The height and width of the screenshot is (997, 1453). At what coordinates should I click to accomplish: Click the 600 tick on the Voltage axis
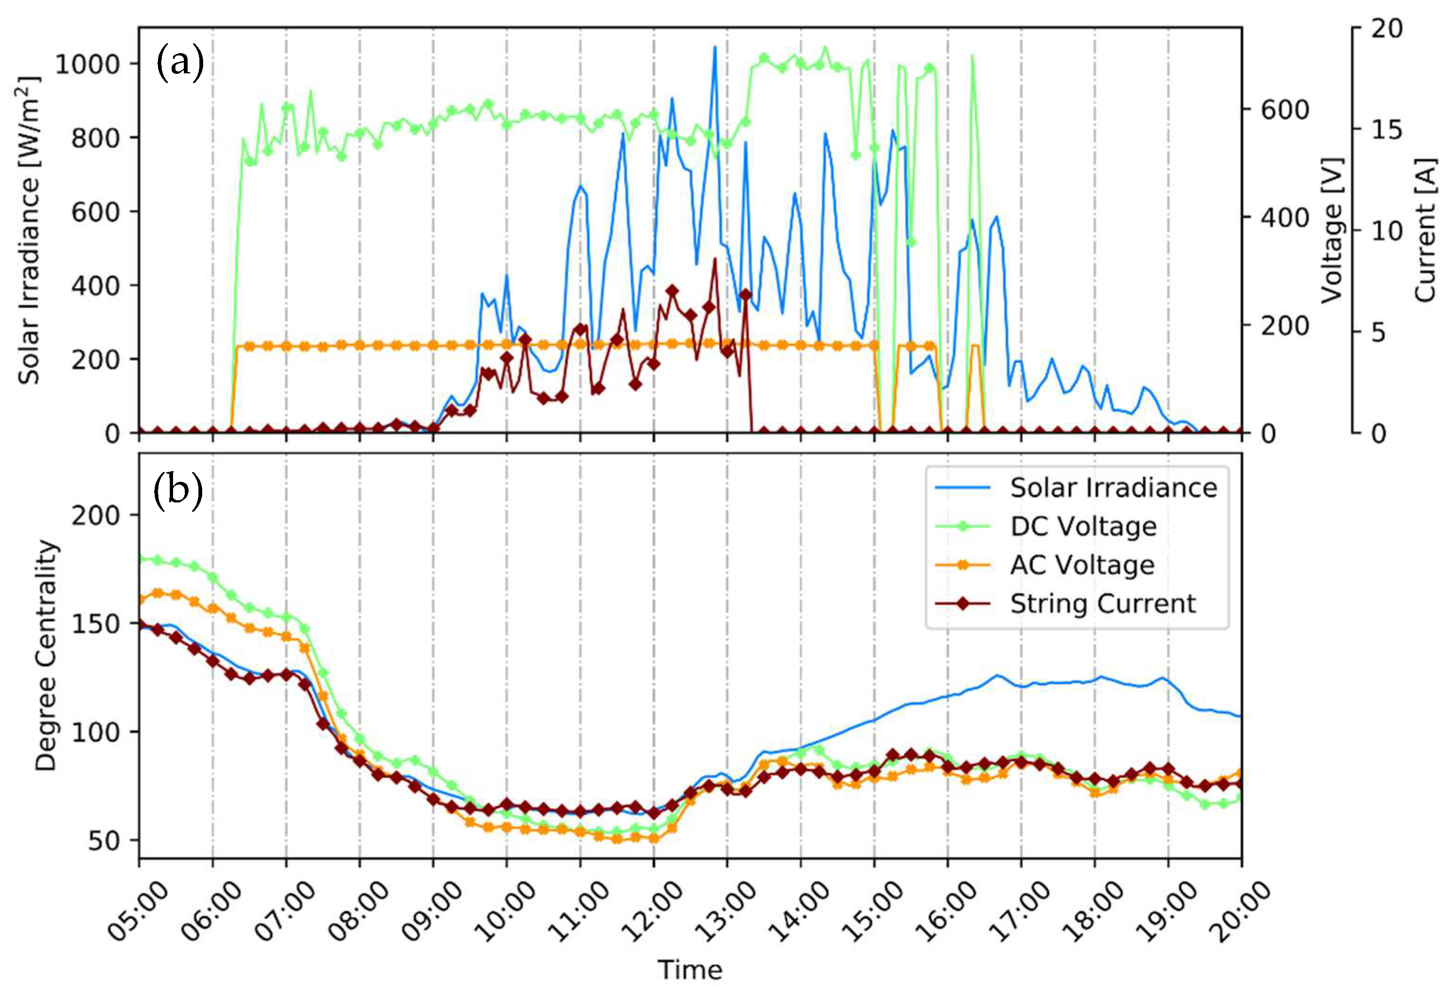pos(1284,110)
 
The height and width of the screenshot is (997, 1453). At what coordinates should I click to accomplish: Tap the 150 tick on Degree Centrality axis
pos(95,624)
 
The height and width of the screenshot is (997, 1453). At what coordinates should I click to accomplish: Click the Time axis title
pos(690,971)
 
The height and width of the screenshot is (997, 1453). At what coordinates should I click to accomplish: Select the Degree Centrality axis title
pos(45,656)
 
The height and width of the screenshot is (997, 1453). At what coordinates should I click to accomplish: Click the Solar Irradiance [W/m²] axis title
pos(29,231)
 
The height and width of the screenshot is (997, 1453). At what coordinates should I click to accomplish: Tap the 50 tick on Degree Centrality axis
pos(103,841)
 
